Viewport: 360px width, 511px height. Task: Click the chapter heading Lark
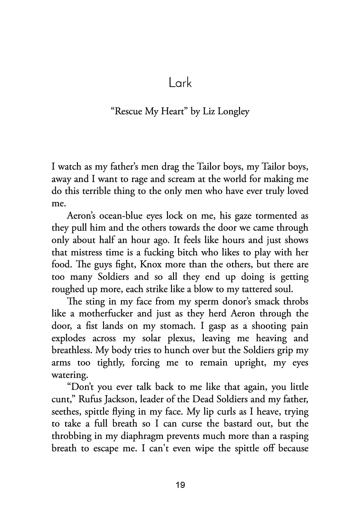coord(180,83)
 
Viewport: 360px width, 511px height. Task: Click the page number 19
coord(180,485)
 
